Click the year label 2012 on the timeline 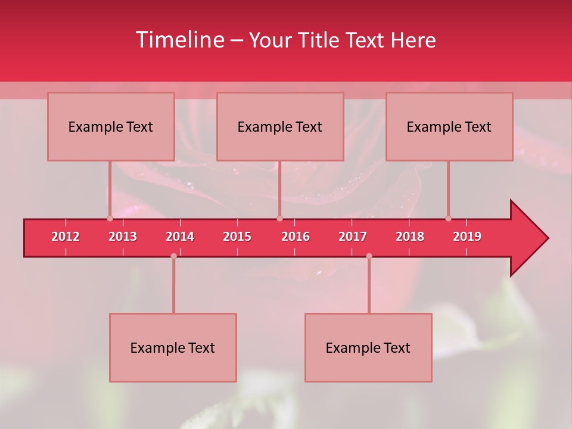66,237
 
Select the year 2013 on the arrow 123,237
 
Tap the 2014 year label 180,237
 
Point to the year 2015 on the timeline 237,237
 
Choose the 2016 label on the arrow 296,237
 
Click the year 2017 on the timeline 353,237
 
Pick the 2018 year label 410,237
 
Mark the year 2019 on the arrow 467,237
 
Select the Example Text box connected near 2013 111,127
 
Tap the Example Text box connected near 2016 280,127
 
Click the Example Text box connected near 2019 449,127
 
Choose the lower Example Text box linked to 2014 173,348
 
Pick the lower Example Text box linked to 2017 368,348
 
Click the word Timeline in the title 179,40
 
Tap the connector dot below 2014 173,256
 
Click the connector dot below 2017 369,256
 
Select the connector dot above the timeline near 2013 110,218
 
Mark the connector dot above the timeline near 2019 448,218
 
